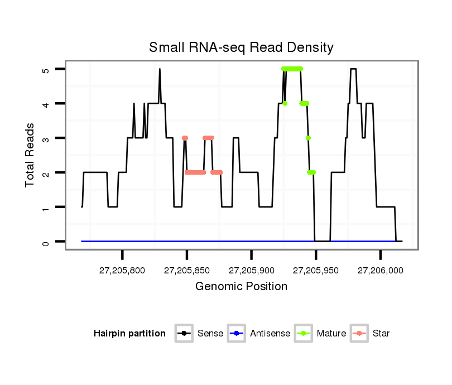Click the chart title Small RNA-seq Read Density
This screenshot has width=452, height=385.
[241, 47]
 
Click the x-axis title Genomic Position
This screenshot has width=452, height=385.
[241, 287]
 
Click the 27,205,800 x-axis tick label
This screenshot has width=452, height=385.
[122, 270]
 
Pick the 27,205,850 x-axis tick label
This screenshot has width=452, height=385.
[187, 270]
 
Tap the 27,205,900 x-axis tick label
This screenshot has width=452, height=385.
[251, 270]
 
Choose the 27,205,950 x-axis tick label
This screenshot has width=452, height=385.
[316, 270]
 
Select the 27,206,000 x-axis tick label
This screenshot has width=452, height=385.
[380, 270]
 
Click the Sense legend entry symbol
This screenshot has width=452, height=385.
[184, 334]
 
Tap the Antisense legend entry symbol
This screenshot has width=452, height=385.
[237, 334]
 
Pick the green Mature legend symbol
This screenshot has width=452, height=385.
[304, 334]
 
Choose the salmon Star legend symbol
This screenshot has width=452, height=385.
[360, 334]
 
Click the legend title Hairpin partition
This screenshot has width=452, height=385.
[129, 334]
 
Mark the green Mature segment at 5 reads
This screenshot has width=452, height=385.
[292, 69]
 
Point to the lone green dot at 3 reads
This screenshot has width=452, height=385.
[308, 138]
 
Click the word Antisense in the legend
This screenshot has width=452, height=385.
[270, 334]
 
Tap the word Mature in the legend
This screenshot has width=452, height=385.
[331, 334]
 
